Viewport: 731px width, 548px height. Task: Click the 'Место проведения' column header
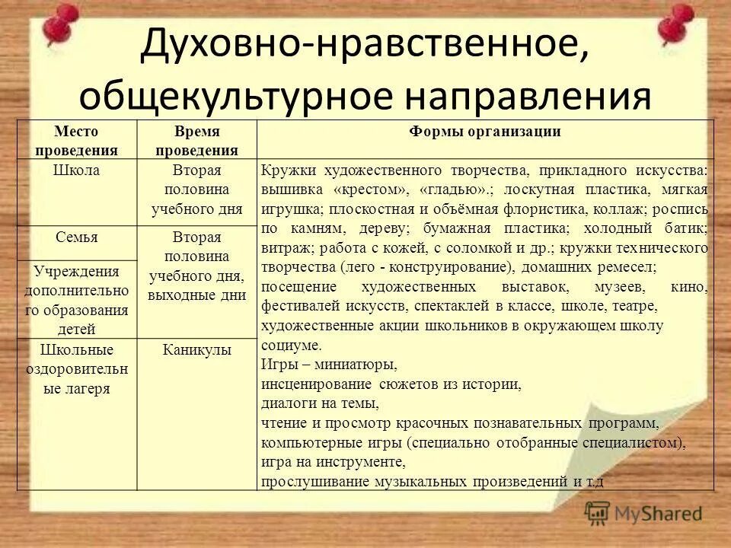(76, 140)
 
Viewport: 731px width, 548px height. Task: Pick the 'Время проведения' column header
(196, 140)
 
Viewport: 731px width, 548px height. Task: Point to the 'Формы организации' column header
(485, 132)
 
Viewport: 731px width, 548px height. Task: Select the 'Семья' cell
(76, 237)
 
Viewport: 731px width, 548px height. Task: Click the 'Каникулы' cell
(196, 351)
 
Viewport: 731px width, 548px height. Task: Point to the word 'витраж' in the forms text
(281, 248)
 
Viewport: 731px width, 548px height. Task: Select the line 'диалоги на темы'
(319, 403)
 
